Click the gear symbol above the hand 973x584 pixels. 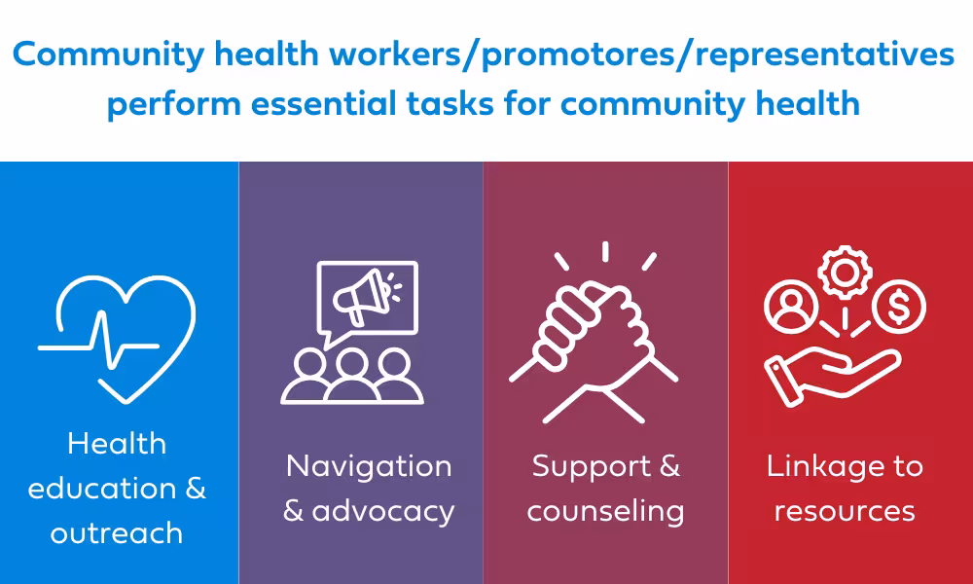845,273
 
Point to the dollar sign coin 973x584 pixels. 898,308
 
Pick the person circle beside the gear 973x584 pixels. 790,308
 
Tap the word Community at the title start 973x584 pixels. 109,55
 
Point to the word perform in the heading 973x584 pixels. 174,104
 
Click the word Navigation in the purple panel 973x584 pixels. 369,465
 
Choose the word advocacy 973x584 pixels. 383,512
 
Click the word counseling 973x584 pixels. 605,512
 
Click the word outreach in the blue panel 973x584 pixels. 117,533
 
